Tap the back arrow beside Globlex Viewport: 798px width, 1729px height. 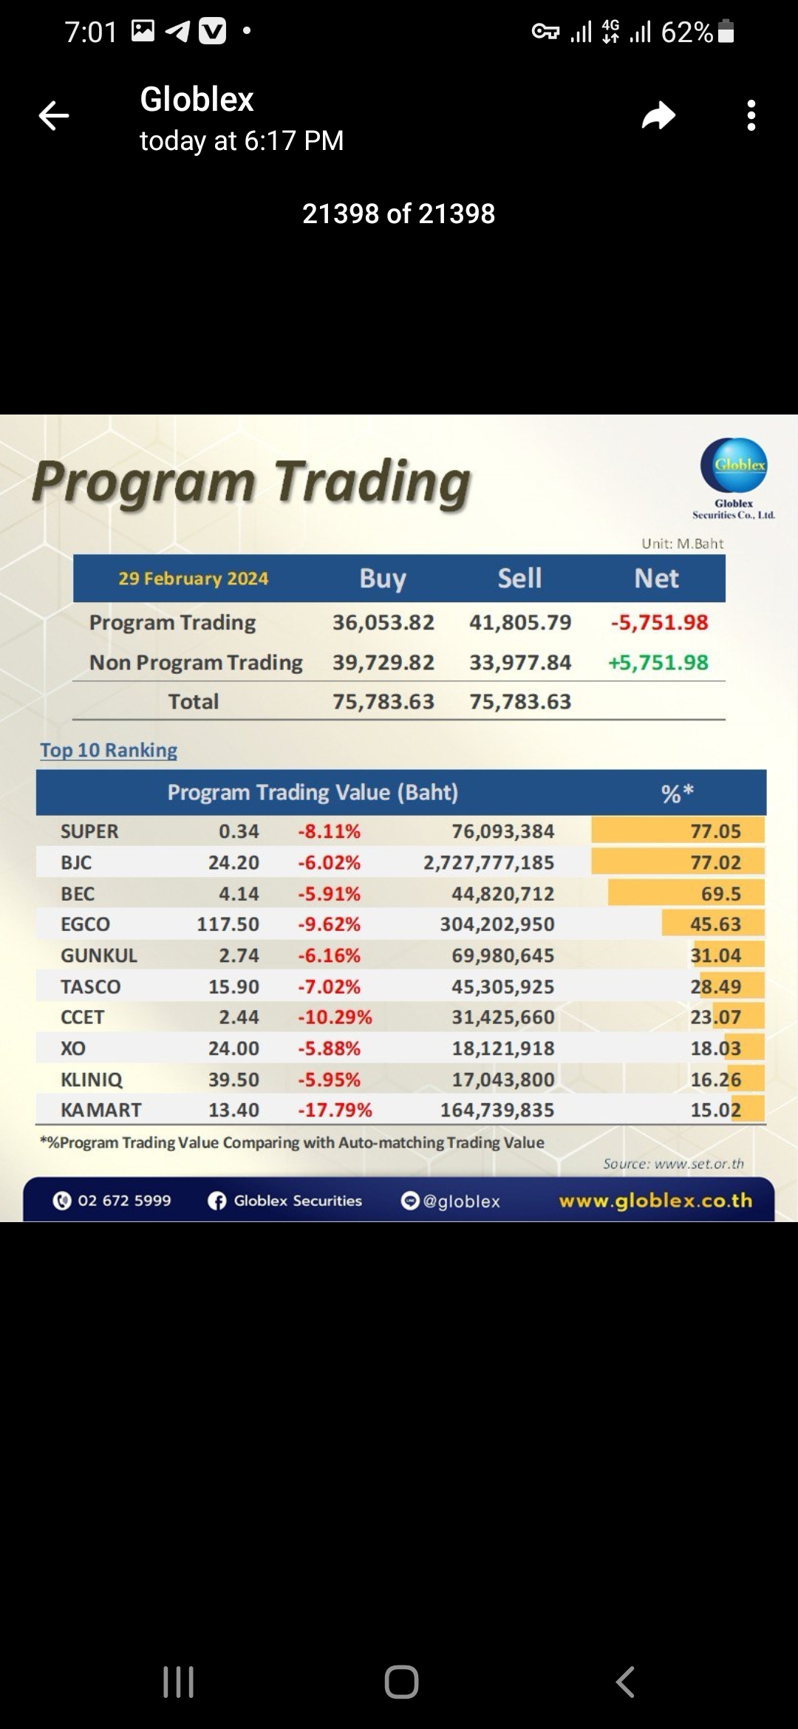pos(54,116)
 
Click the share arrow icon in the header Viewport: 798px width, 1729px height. pos(658,116)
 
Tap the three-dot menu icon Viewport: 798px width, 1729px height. pos(751,116)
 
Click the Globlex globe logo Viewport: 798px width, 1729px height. pos(734,465)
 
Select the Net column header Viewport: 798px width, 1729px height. pos(656,579)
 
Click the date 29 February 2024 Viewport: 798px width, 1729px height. pos(193,579)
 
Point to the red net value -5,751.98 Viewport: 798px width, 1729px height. pos(659,623)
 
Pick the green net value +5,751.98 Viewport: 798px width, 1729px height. pos(658,663)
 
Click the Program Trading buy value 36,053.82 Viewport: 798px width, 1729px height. pos(383,623)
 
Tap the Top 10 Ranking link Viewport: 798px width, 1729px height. pos(109,751)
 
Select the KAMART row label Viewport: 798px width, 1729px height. pos(100,1110)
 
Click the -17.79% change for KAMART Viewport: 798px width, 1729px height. pos(335,1110)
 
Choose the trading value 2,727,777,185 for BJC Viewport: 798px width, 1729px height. pos(488,862)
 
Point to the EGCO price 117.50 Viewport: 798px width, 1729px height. pos(228,924)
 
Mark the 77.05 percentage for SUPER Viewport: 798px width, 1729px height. pos(715,831)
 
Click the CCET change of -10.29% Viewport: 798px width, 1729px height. pos(335,1017)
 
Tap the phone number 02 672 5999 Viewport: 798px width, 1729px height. pos(124,1201)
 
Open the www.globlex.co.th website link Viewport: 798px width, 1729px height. pos(655,1201)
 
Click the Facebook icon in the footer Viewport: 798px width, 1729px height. pos(216,1201)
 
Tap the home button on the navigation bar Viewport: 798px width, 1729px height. pos(401,1682)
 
